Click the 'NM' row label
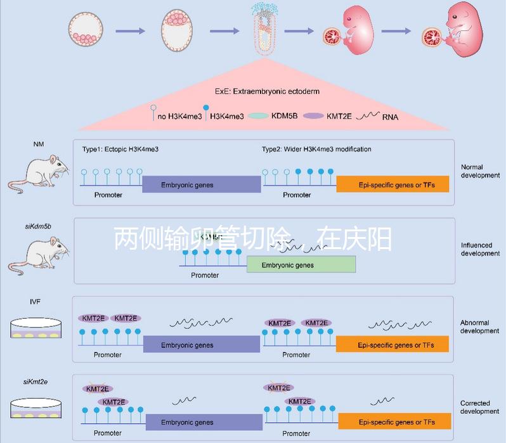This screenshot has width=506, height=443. point(38,145)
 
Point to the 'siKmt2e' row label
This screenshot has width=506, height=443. point(36,381)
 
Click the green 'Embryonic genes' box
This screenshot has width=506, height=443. point(301,265)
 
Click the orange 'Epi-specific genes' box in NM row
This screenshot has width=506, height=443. point(392,184)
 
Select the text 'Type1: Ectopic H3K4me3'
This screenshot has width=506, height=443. point(120,149)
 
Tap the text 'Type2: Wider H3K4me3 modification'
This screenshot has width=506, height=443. point(316,149)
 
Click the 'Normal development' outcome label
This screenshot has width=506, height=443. point(480,171)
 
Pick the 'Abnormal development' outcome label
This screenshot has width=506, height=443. point(479,327)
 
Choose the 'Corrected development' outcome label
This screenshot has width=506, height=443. point(479,407)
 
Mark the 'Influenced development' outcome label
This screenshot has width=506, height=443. point(480,249)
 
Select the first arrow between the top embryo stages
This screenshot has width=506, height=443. point(134,30)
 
